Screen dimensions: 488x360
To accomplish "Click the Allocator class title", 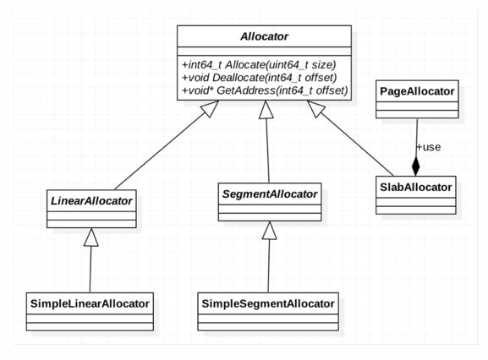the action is (x=264, y=36).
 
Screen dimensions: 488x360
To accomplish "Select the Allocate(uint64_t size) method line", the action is (x=259, y=65).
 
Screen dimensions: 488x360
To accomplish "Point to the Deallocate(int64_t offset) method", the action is (x=260, y=78).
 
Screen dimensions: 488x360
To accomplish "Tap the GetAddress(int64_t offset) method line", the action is (x=265, y=90).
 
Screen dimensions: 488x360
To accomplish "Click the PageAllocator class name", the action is (x=417, y=91).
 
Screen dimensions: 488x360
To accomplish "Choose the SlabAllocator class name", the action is (x=416, y=187).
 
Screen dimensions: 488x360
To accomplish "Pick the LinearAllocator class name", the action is (x=91, y=201).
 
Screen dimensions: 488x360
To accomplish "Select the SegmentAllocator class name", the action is (x=270, y=194).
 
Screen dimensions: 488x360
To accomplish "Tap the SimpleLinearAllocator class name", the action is (x=90, y=303).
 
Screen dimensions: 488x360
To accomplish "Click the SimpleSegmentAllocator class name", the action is (x=268, y=303).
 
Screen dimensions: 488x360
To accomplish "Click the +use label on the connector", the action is (x=429, y=147).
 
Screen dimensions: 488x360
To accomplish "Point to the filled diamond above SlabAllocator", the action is (x=416, y=166).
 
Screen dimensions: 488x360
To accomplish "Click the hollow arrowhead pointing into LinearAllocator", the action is (x=90, y=237).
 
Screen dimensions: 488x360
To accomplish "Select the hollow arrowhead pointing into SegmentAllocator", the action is (x=269, y=231).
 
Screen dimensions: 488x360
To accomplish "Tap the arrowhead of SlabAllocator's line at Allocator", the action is (x=316, y=109).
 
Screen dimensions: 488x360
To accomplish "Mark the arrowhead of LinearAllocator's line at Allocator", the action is (x=210, y=109).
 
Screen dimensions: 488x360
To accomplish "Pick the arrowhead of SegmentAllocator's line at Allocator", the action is (x=266, y=109).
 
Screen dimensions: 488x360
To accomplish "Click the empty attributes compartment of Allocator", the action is (x=264, y=52).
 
